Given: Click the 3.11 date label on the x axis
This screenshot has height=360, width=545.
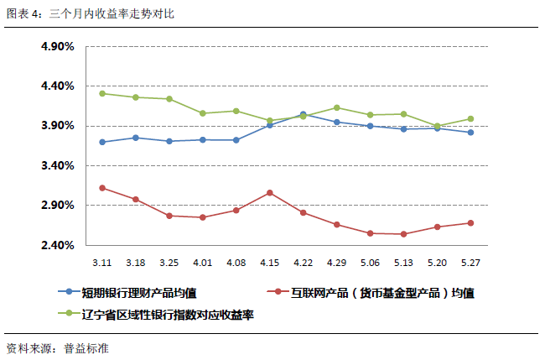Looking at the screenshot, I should (101, 262).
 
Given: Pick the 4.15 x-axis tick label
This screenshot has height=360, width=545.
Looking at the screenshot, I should (269, 262).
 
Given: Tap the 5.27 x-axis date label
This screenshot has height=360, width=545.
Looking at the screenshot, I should (470, 262).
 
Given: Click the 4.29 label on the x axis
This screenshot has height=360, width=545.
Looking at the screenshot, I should (336, 262).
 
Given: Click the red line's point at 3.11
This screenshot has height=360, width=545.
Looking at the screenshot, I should (101, 188).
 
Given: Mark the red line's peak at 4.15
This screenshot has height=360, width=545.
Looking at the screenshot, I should (269, 193).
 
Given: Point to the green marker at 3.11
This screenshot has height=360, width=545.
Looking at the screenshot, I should (101, 93).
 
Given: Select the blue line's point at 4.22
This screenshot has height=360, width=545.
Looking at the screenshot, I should (303, 114).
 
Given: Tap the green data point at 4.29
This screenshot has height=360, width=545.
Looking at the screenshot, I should (336, 107).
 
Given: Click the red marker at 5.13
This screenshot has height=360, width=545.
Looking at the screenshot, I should (403, 234).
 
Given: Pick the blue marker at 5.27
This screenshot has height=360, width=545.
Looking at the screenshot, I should (470, 133).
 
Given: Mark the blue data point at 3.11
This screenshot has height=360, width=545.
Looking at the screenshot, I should (101, 142).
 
